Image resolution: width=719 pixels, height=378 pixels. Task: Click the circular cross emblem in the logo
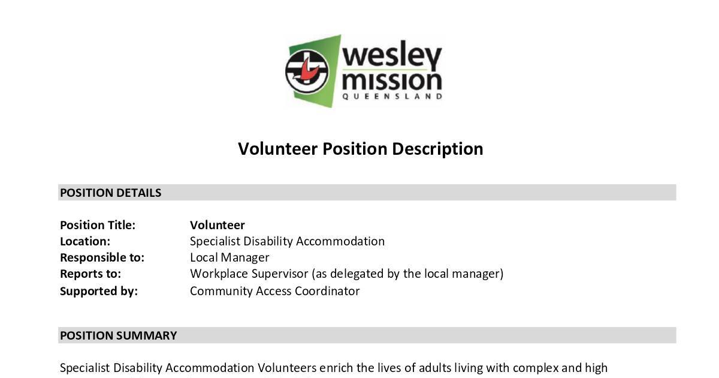307,71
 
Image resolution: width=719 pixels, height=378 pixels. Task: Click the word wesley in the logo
392,55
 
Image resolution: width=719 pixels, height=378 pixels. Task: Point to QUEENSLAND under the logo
392,97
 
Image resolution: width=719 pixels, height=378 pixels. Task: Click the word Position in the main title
355,149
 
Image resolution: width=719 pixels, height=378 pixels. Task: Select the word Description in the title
437,149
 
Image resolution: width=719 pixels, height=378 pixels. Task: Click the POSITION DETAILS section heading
110,193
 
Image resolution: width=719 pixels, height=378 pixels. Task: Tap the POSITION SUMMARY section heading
118,335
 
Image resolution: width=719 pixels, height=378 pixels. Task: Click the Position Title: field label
98,225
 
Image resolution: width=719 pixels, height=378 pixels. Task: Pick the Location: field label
85,241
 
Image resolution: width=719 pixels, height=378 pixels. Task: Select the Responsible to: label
102,257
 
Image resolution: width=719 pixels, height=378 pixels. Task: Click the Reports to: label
90,274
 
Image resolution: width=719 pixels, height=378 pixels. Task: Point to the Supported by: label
98,291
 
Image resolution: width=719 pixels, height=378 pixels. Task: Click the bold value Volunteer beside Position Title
217,225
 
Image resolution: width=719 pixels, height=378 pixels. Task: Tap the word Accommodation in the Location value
340,241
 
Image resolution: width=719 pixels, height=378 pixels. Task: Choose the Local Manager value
229,257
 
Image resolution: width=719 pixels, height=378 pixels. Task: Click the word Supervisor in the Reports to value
280,274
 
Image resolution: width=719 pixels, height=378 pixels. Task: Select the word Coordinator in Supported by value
327,291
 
